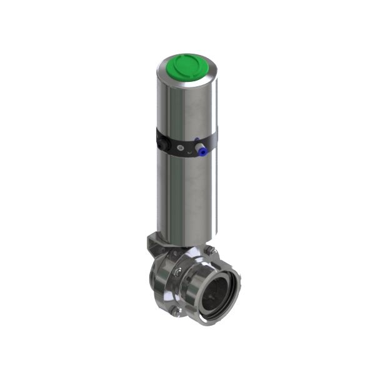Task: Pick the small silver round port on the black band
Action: point(181,148)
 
